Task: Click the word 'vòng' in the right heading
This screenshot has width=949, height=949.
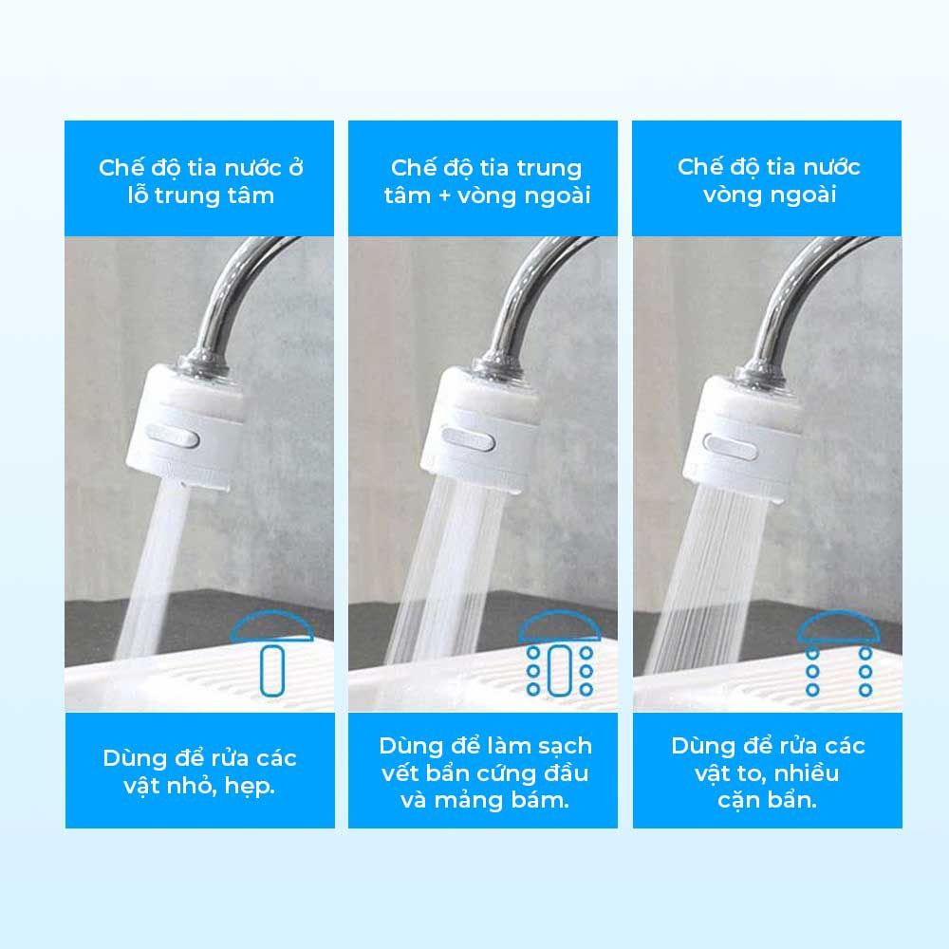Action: tap(734, 195)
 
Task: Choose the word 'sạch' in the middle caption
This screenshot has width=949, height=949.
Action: tap(561, 746)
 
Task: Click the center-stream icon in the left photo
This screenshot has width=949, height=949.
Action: tap(273, 655)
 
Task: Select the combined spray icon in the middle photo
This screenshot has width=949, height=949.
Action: tap(559, 655)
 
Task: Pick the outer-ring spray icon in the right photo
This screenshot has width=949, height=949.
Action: tap(838, 655)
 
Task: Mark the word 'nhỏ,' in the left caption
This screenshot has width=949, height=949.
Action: tap(187, 787)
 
